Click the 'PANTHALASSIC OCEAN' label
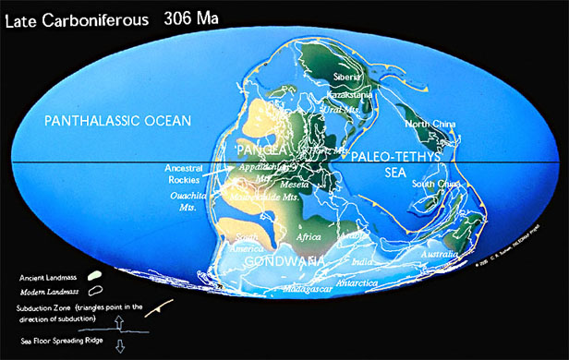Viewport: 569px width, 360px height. pos(118,121)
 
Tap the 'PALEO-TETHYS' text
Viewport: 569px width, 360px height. pos(394,157)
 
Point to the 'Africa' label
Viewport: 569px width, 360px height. pos(308,237)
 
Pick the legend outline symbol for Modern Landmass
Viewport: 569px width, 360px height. pos(93,290)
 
